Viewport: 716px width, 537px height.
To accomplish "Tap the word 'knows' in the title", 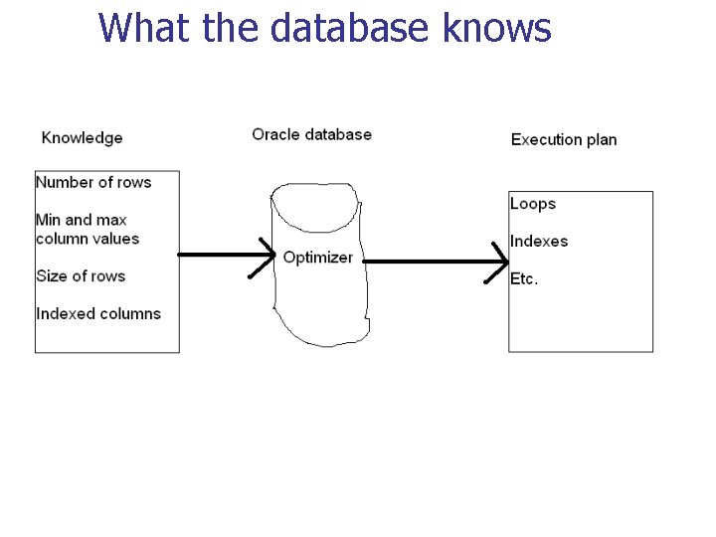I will [x=496, y=28].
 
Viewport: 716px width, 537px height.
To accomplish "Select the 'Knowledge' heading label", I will [x=82, y=138].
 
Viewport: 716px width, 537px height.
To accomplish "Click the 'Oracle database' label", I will [x=311, y=134].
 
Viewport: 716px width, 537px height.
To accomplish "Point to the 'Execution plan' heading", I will [x=563, y=139].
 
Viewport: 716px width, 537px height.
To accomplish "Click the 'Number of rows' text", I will [x=93, y=182].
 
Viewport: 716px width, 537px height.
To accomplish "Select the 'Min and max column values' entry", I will [x=88, y=229].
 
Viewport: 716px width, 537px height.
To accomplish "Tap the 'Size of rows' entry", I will [x=81, y=275].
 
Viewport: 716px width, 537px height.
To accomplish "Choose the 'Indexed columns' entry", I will [x=98, y=313].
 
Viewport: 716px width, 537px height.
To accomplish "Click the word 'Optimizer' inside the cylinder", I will [x=317, y=258].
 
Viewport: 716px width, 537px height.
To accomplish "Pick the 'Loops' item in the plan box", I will [x=532, y=204].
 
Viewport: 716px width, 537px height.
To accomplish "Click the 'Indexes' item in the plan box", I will [x=539, y=241].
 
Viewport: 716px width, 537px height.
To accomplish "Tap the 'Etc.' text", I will [x=524, y=278].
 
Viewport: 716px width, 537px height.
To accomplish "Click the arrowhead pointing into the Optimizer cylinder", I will [x=268, y=256].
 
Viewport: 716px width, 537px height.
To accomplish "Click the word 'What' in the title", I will [x=143, y=28].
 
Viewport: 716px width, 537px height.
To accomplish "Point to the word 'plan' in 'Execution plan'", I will [x=601, y=139].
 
